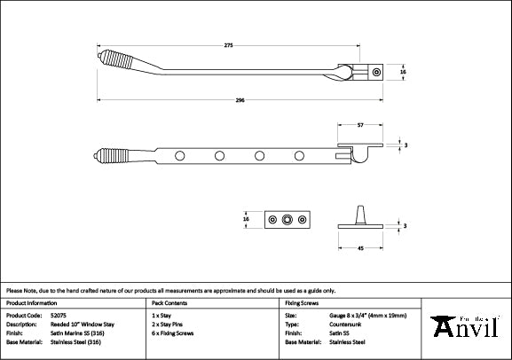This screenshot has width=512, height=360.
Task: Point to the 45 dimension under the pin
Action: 359,249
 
